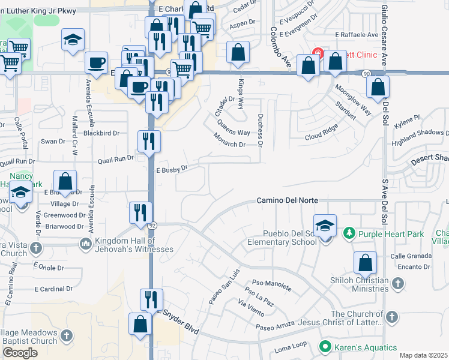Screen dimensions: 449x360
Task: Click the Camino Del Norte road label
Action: click(287, 200)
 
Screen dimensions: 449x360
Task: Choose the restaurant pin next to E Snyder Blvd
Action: click(151, 299)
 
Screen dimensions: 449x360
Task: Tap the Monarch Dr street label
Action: click(229, 144)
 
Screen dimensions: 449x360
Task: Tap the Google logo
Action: click(20, 353)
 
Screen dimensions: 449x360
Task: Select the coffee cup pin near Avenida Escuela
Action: click(96, 62)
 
